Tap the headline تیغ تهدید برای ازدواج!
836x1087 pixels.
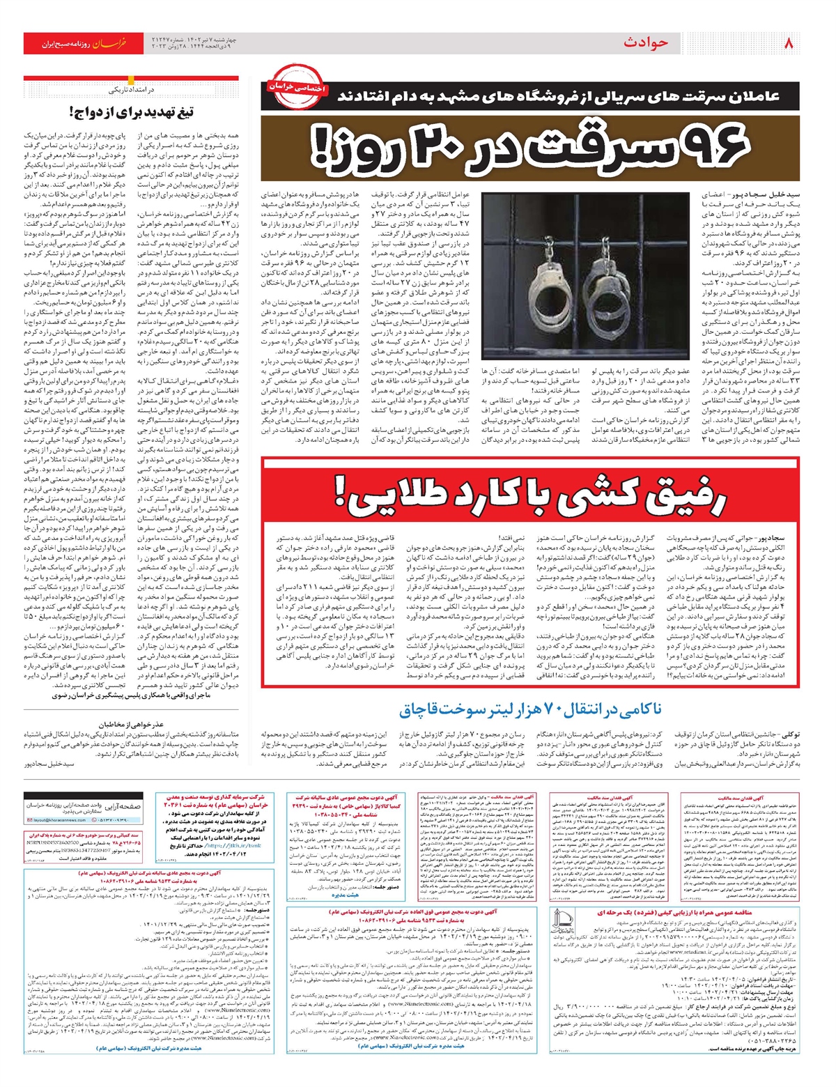pyautogui.click(x=132, y=112)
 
